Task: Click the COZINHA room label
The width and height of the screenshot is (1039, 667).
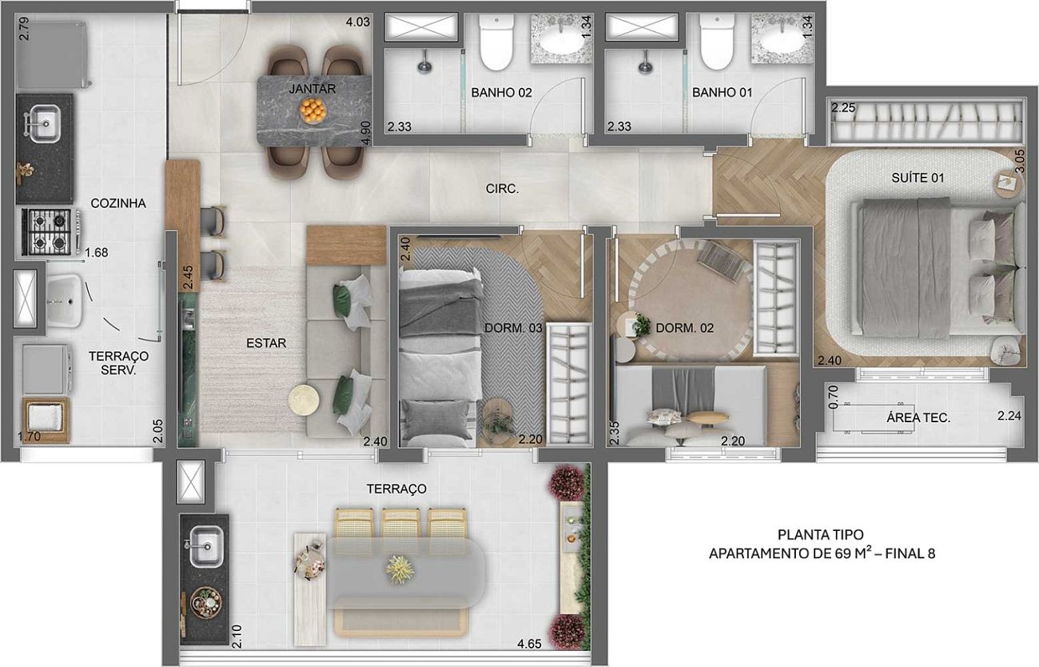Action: point(118,203)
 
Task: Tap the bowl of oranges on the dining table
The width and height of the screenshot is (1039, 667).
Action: point(312,111)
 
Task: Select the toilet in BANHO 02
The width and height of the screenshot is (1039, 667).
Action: point(497,42)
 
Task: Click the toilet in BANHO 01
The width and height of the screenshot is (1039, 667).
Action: point(718,42)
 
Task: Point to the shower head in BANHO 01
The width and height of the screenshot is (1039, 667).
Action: point(644,66)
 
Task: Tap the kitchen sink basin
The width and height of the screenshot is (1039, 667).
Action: point(46,123)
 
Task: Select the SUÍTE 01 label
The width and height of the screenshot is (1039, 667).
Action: point(918,178)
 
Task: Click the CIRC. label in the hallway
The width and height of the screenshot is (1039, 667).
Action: point(503,189)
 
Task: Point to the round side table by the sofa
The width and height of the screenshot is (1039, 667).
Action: point(304,399)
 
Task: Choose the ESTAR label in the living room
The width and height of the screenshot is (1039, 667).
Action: point(266,343)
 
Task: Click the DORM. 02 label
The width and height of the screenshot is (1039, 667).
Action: point(685,328)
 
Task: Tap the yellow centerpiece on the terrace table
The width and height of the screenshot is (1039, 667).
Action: point(399,569)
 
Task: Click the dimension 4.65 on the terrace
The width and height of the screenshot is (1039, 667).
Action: point(529,645)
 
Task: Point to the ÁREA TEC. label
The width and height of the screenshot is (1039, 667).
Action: point(918,417)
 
